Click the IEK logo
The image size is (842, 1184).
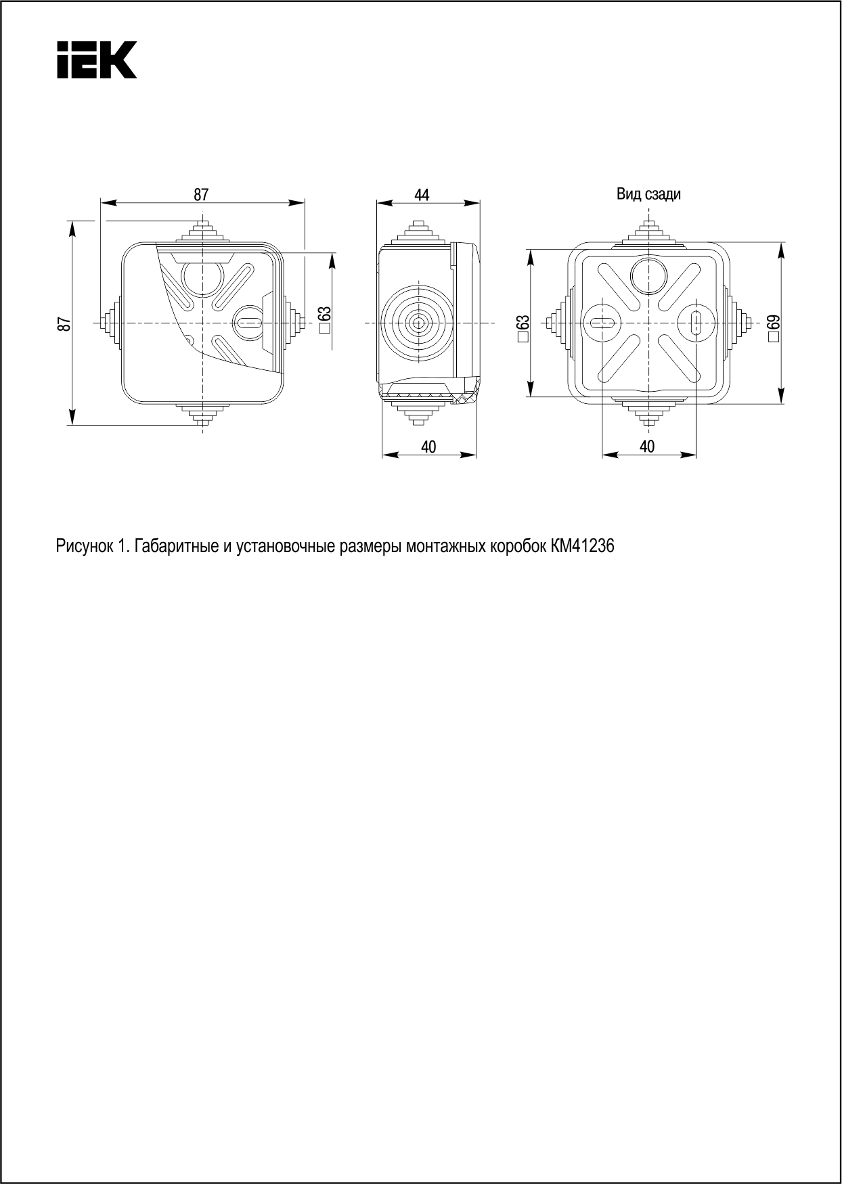pos(97,60)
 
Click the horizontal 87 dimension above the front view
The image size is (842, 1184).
pos(201,195)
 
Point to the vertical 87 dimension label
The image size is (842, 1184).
pos(64,323)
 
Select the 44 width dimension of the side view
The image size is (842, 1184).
pos(422,195)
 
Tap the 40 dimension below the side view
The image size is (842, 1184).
pos(428,447)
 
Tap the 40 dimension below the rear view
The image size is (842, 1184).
pos(647,447)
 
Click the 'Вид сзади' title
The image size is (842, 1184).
pos(648,195)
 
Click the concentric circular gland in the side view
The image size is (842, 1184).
pos(418,323)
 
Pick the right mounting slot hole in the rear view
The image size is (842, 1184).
pos(696,323)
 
